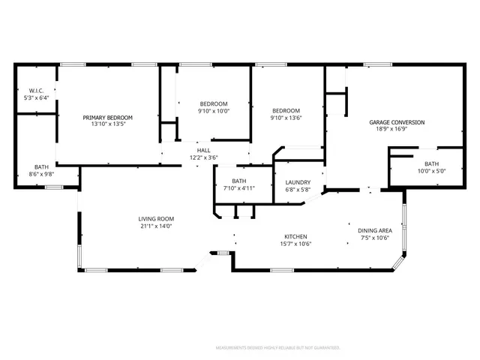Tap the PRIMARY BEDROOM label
tap(107, 118)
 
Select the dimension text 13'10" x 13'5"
tap(107, 124)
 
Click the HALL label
tap(204, 150)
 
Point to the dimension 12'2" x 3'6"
tap(204, 157)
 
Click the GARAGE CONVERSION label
tap(397, 121)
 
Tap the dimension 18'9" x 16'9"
tap(397, 128)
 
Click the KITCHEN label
tap(295, 236)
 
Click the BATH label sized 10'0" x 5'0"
tap(431, 163)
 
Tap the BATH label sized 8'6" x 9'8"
tap(41, 166)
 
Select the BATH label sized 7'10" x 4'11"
tap(238, 181)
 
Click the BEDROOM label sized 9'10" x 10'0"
tap(213, 103)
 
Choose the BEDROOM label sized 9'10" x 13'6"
tap(285, 111)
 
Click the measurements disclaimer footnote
tap(277, 348)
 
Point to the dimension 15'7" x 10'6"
tap(295, 244)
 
